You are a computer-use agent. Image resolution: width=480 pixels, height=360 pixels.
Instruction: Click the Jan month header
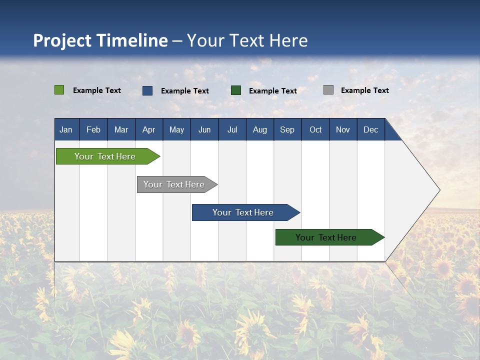[x=66, y=129]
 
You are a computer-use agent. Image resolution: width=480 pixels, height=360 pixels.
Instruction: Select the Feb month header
[x=93, y=129]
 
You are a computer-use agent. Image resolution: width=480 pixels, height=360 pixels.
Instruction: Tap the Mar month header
[x=121, y=129]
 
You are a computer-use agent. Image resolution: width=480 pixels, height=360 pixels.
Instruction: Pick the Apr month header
[x=148, y=129]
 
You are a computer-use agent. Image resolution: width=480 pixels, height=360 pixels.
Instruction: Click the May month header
[x=176, y=129]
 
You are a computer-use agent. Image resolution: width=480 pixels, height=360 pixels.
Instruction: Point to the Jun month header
[x=204, y=129]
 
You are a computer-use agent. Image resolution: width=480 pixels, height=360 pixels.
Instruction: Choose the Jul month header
[x=232, y=129]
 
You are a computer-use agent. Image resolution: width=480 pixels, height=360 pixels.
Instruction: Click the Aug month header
[x=259, y=129]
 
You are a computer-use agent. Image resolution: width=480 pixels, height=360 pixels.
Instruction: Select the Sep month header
[x=287, y=129]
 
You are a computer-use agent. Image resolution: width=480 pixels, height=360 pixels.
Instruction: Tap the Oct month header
[x=315, y=129]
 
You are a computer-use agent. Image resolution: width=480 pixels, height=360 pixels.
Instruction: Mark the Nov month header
[x=342, y=129]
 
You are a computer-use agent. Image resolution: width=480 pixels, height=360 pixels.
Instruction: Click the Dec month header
[x=370, y=129]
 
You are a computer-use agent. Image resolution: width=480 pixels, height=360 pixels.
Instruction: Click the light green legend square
[x=59, y=90]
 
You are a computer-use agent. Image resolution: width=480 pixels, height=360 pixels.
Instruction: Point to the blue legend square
[x=147, y=90]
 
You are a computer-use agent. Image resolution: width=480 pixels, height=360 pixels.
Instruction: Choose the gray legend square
[x=328, y=90]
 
